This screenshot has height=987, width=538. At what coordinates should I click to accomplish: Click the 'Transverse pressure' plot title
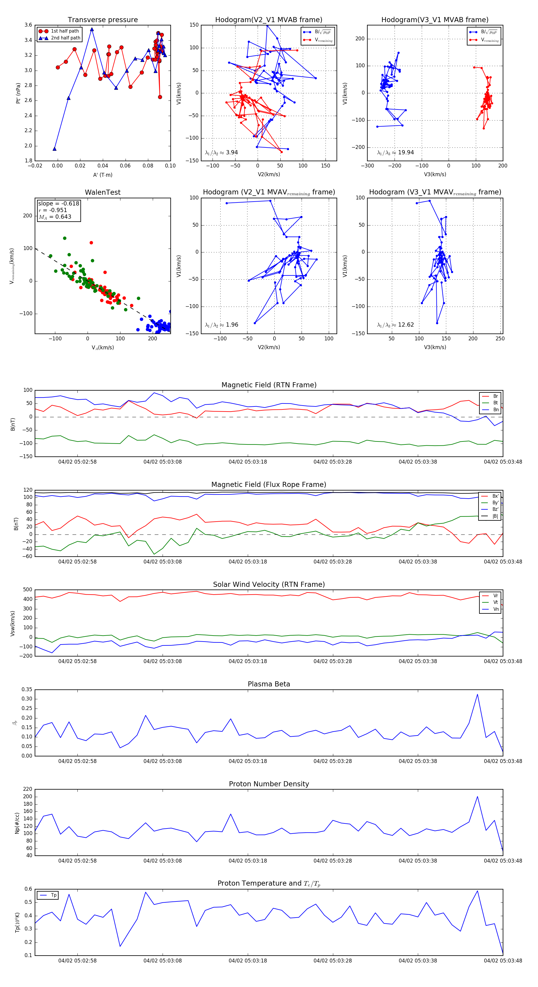(103, 20)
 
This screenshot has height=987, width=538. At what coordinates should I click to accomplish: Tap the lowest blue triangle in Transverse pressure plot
(54, 149)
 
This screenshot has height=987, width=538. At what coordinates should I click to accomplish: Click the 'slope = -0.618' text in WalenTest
(59, 203)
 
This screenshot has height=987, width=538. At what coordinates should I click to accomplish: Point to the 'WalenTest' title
(103, 192)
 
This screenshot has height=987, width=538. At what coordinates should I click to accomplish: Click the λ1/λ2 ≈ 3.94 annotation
(221, 153)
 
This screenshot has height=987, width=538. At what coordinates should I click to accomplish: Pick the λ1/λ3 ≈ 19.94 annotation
(395, 153)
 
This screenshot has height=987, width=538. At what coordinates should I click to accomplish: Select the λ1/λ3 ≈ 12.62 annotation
(395, 325)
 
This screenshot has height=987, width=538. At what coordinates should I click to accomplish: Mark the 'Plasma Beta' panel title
(269, 684)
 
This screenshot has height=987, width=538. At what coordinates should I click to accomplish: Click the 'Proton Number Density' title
(269, 784)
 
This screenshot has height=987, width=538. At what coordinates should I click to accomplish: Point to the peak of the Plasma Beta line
(477, 694)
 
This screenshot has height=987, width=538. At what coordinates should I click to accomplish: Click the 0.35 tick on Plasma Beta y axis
(27, 690)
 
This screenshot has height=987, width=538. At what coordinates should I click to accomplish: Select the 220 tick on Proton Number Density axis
(27, 789)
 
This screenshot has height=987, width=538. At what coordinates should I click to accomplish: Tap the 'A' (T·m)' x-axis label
(103, 175)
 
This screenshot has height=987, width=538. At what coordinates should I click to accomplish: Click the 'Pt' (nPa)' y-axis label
(18, 93)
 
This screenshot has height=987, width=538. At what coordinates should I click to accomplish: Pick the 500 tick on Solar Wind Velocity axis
(27, 590)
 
